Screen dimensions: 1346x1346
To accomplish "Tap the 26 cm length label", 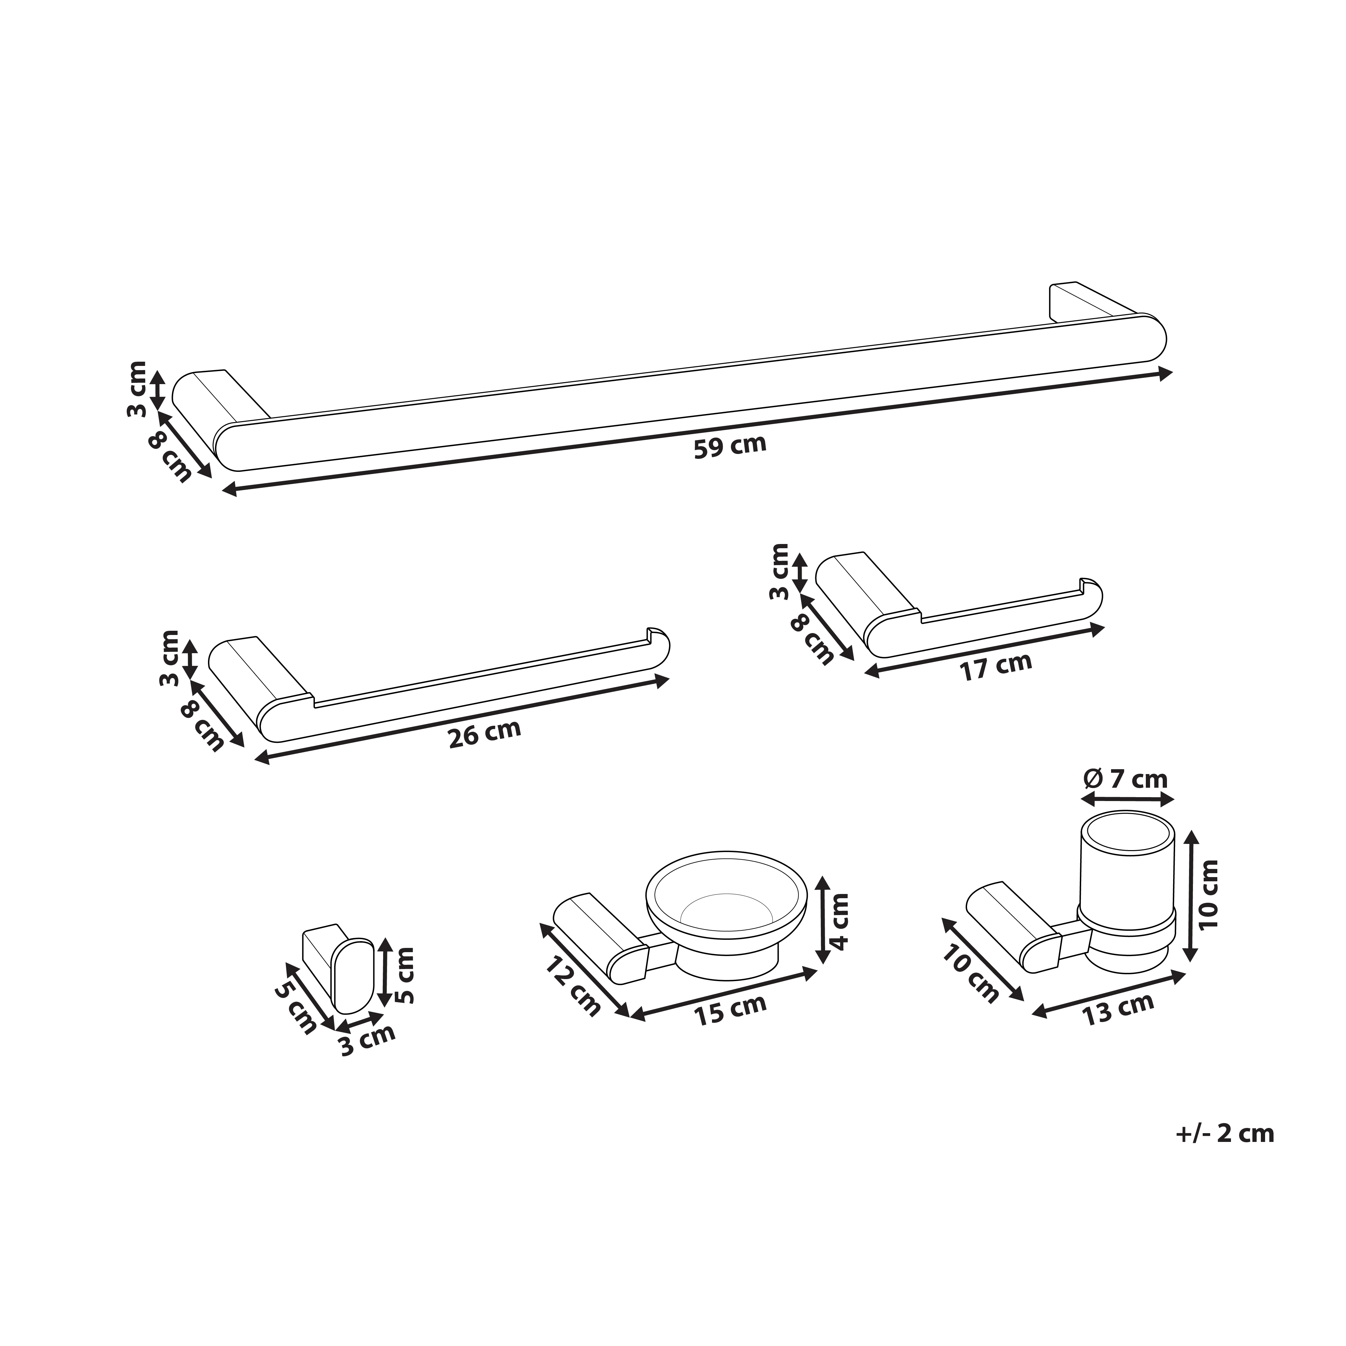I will (484, 734).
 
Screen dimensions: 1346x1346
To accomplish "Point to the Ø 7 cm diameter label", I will (1125, 778).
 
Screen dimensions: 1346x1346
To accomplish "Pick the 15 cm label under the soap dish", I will (730, 1009).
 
